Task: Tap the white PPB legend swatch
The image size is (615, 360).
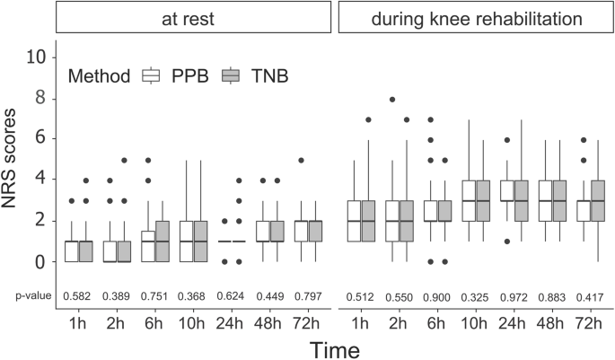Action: tap(151, 76)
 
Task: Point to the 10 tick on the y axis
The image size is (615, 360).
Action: tap(35, 57)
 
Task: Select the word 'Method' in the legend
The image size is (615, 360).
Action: tap(99, 76)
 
